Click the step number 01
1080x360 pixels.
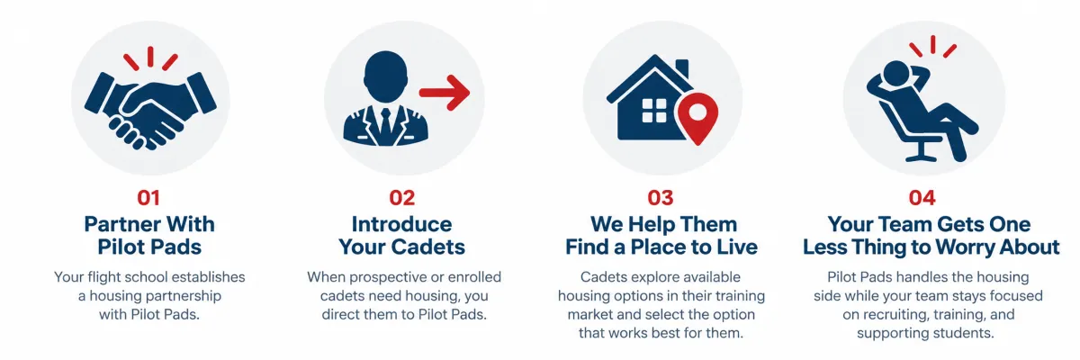tap(148, 198)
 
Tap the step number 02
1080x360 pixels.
tap(402, 198)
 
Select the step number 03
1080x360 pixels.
tap(661, 198)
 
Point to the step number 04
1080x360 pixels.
tap(922, 198)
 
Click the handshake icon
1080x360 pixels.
tap(150, 108)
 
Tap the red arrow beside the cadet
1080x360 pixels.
tap(444, 93)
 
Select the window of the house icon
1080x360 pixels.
tap(654, 111)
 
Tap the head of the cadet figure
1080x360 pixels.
tap(385, 77)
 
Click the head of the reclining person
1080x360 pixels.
tap(895, 73)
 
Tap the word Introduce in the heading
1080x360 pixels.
tap(401, 224)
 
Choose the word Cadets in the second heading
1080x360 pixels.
tap(427, 247)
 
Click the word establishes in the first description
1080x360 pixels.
tap(208, 277)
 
